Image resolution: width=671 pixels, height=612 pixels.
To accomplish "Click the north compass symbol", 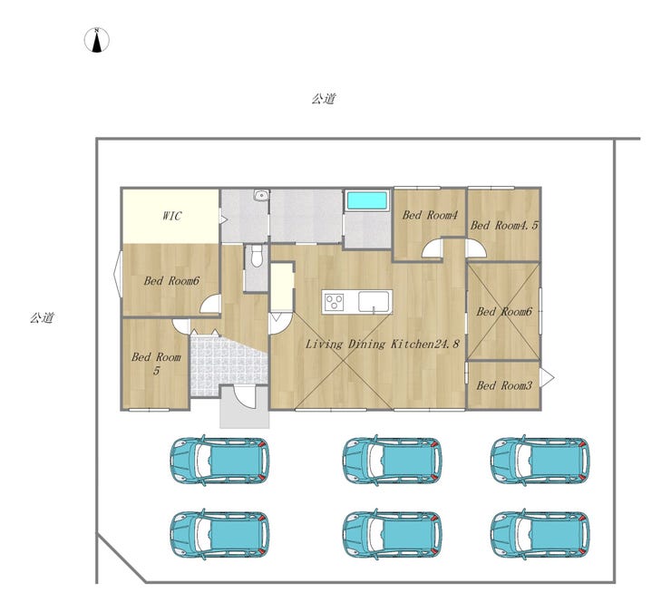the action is [x=97, y=40].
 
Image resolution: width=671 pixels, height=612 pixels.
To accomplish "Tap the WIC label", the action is [x=171, y=216].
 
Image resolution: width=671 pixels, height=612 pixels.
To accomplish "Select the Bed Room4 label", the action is [x=430, y=215].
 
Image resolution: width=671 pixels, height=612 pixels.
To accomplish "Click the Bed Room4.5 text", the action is [x=504, y=225].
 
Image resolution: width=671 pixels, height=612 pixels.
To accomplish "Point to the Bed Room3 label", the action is [x=504, y=385].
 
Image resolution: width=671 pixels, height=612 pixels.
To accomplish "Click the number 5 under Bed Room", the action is [x=156, y=371].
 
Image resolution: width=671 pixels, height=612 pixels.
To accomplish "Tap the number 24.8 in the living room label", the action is [x=446, y=344].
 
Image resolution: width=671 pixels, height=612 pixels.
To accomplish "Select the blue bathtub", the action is [x=367, y=200].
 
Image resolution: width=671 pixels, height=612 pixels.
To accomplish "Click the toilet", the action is [x=257, y=256].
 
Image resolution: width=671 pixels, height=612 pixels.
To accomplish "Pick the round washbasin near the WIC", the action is [x=260, y=196].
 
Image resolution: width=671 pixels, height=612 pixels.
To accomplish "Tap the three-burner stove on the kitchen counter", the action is [x=334, y=302].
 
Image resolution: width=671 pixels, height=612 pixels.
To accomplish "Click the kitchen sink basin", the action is [x=374, y=302].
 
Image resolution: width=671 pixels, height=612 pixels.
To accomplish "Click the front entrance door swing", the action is [x=245, y=397].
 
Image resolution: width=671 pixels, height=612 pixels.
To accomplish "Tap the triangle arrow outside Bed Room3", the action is [x=547, y=378].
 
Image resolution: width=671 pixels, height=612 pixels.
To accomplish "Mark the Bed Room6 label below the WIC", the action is [x=171, y=281].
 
